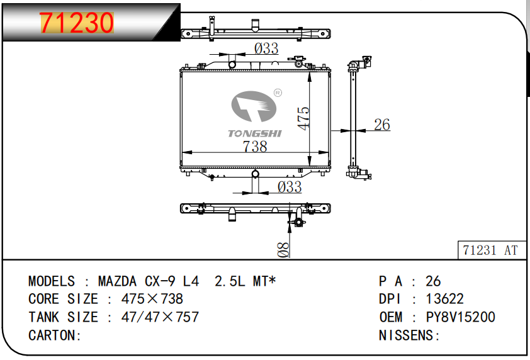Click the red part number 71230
[x=77, y=23]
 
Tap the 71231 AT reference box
[x=492, y=250]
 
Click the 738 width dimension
[x=255, y=147]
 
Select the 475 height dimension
[x=303, y=118]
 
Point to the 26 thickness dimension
[x=382, y=125]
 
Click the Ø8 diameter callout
[x=284, y=250]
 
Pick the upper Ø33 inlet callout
[x=266, y=48]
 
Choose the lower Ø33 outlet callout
[x=290, y=187]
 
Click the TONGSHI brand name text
[x=254, y=133]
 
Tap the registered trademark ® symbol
[x=278, y=93]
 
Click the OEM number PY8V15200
[x=460, y=317]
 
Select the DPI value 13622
[x=444, y=299]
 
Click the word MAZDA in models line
[x=117, y=281]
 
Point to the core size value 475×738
[x=152, y=299]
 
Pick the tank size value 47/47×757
[x=160, y=317]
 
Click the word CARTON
[x=52, y=335]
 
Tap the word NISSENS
[x=406, y=335]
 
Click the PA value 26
[x=433, y=281]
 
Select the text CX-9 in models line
[x=160, y=281]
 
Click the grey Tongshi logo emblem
[x=254, y=106]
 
